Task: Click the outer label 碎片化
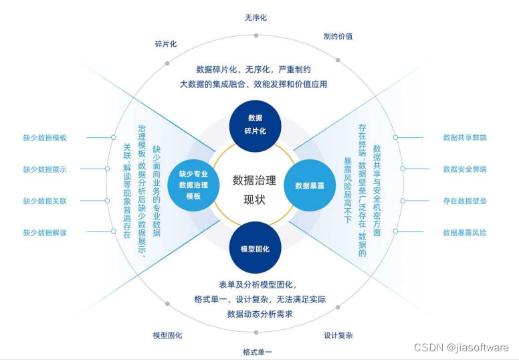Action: point(166,44)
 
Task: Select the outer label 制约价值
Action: point(338,36)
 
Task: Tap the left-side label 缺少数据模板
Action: point(45,138)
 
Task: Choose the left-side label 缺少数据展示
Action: point(45,169)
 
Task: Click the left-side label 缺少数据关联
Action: point(45,201)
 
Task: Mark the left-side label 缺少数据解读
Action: point(45,232)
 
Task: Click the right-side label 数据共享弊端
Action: point(465,138)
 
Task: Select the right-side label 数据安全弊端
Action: point(465,169)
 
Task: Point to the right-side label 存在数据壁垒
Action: point(465,201)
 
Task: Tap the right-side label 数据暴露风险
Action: point(465,232)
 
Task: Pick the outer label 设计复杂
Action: point(338,335)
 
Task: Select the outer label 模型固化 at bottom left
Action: point(167,335)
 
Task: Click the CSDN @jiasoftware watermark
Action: point(461,347)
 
